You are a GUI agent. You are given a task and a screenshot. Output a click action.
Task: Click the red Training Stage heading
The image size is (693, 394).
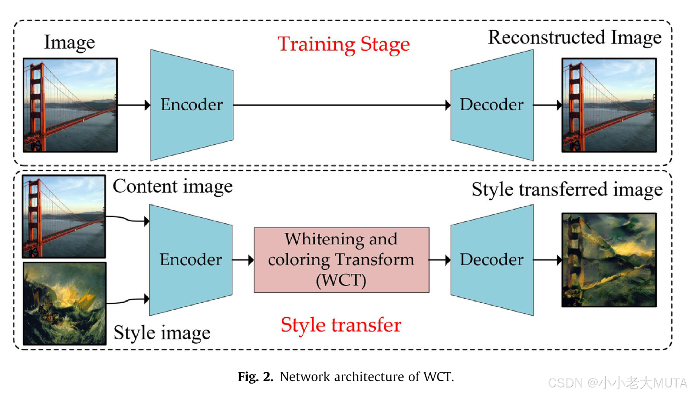pos(343,44)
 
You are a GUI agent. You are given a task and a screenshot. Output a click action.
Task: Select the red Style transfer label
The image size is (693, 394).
pos(341,325)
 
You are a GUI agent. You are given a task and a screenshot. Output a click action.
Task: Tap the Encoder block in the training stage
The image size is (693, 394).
pos(192,105)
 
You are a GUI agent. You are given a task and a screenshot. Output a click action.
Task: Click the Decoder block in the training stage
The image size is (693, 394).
pos(492,105)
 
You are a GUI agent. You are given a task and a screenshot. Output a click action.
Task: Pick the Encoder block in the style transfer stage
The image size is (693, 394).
pos(191,260)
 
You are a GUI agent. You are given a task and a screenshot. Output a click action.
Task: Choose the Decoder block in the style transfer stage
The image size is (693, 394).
pos(492,260)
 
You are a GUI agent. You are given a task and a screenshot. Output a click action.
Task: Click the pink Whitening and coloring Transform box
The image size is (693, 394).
pos(341,260)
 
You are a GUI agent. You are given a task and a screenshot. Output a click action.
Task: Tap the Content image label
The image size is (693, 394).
pos(172,187)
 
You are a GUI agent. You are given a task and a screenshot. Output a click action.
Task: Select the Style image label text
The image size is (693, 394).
pos(162,333)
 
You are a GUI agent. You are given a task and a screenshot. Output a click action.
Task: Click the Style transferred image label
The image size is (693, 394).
pos(567,190)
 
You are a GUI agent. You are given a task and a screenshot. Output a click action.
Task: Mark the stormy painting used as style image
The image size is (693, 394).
pos(65,303)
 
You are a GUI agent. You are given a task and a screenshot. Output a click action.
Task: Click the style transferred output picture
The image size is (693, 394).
pos(609,260)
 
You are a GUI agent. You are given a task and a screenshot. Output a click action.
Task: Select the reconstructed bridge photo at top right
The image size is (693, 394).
pos(609,105)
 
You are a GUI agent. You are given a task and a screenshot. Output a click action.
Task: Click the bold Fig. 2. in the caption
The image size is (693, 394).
pos(255,377)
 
